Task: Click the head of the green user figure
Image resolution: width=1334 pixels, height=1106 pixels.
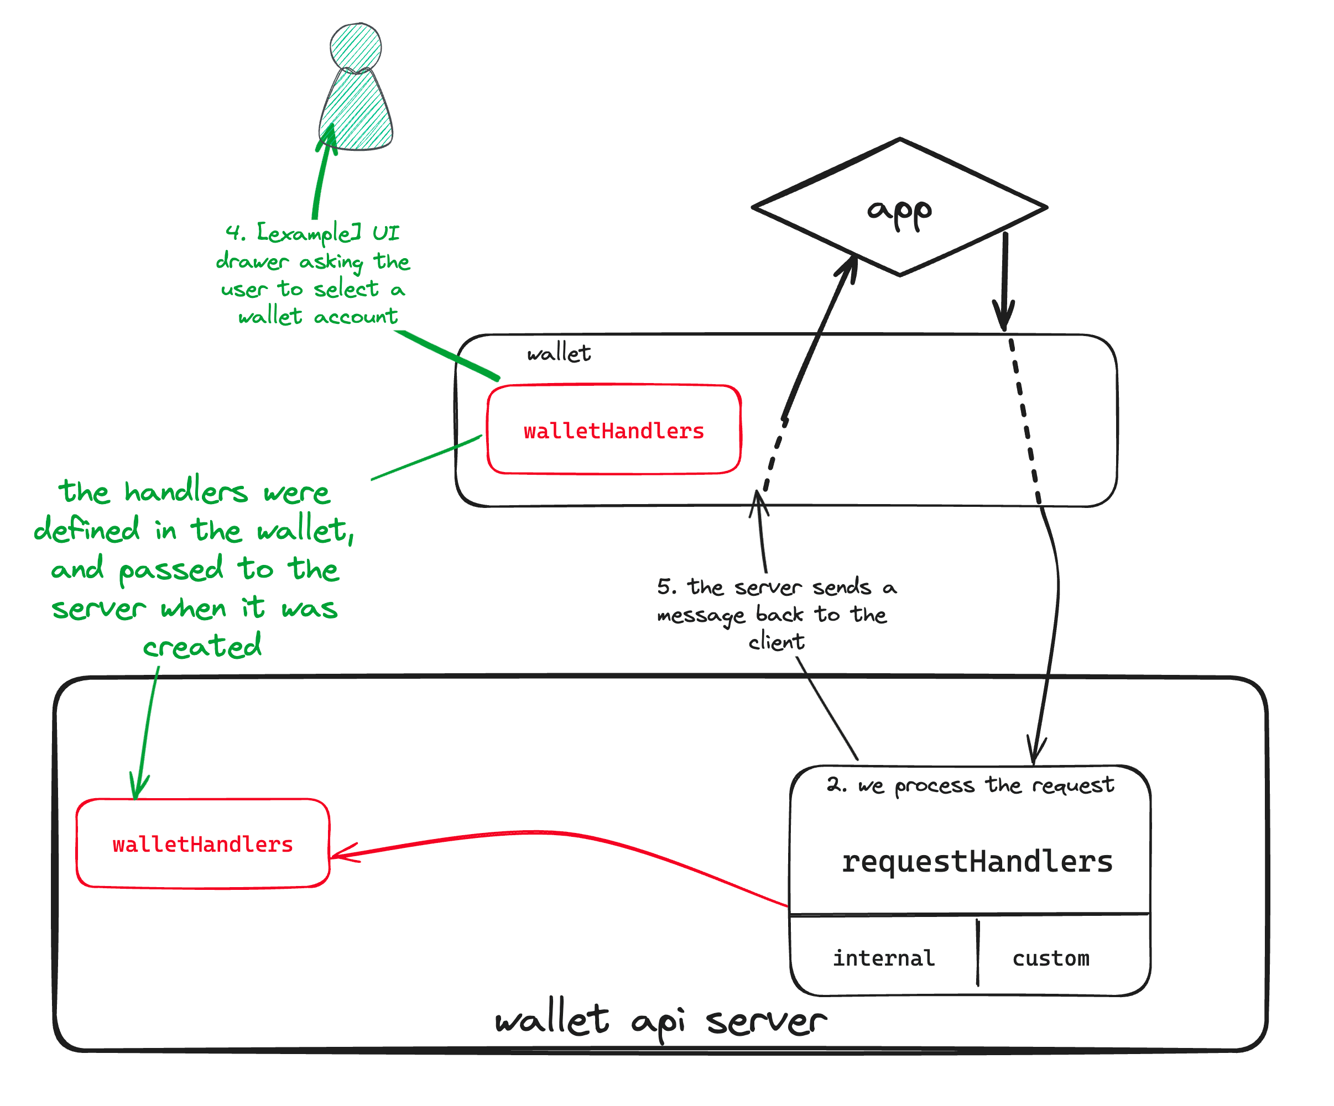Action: click(356, 46)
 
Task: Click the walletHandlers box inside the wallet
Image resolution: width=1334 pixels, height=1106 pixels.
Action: click(614, 430)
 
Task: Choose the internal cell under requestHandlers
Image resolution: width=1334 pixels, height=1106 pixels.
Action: click(884, 957)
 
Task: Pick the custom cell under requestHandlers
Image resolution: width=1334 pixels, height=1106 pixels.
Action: click(1051, 957)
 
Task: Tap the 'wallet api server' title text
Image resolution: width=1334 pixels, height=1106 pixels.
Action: click(661, 1021)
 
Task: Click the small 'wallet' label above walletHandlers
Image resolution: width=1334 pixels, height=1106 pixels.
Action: click(559, 353)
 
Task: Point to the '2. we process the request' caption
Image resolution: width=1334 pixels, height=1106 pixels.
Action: click(970, 785)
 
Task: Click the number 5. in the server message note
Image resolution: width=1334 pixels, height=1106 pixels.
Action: click(666, 586)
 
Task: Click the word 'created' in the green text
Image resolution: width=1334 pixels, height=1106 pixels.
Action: click(202, 646)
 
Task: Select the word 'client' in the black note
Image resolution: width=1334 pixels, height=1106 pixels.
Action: click(777, 642)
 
